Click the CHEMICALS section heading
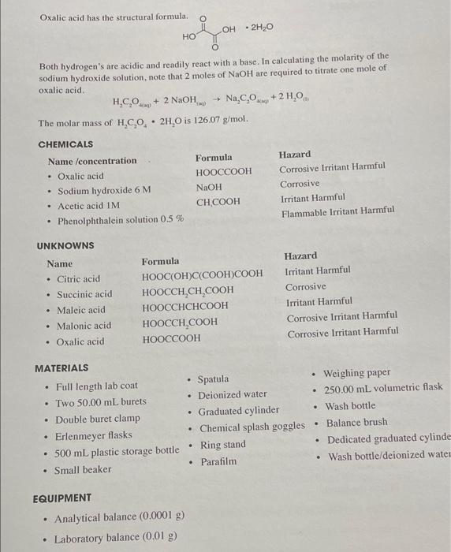65,144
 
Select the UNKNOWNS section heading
65,246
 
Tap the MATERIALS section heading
61,367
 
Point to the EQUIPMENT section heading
62,498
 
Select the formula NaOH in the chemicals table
209,187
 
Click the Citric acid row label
79,278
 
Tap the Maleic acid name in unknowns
80,310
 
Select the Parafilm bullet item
218,461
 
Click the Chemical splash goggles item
252,427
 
